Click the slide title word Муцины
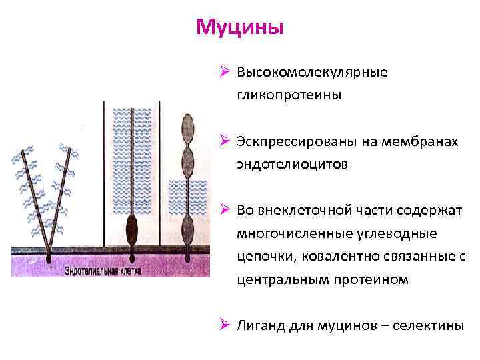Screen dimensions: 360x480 click(x=240, y=28)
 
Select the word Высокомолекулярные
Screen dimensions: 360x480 click(x=312, y=71)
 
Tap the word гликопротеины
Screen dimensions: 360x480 click(x=289, y=95)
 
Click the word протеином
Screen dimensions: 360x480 click(x=369, y=280)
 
